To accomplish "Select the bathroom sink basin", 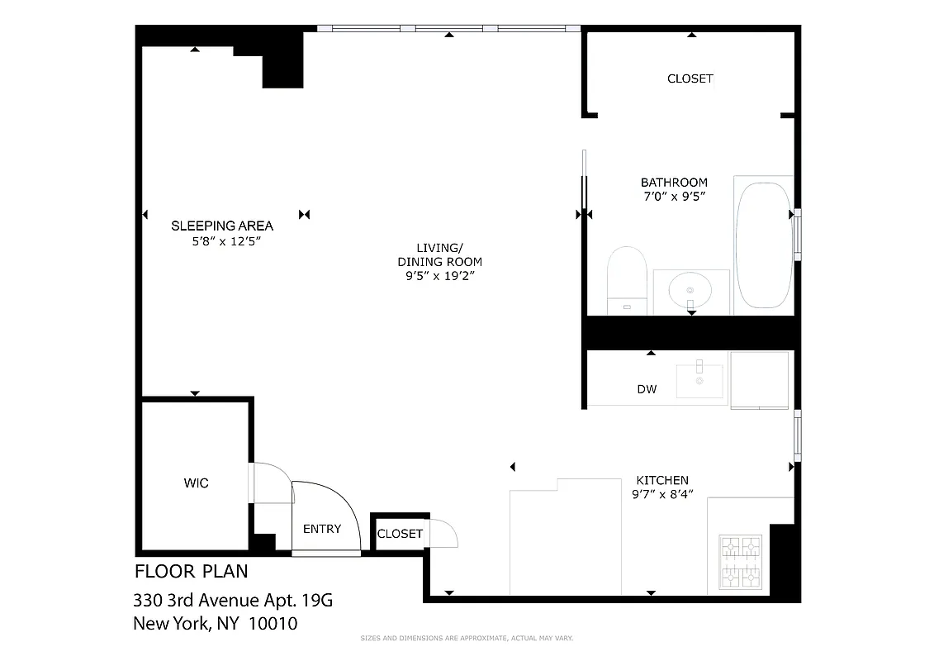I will point(690,291).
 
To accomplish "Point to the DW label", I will point(647,389).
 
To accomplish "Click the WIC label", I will point(196,483).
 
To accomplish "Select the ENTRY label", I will point(322,529).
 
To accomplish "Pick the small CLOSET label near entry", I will point(400,534).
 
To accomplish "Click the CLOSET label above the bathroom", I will point(690,78).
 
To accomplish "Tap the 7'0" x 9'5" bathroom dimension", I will point(674,197).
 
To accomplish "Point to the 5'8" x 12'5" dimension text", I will point(221,241).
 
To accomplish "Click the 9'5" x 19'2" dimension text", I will point(439,276).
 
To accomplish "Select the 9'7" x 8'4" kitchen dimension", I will point(661,494).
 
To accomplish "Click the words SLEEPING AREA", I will point(221,226).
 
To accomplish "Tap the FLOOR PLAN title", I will point(191,571).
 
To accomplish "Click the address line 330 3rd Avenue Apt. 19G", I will point(233,600).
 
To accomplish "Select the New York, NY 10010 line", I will point(215,624).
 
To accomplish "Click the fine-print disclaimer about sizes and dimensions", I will point(467,638).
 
